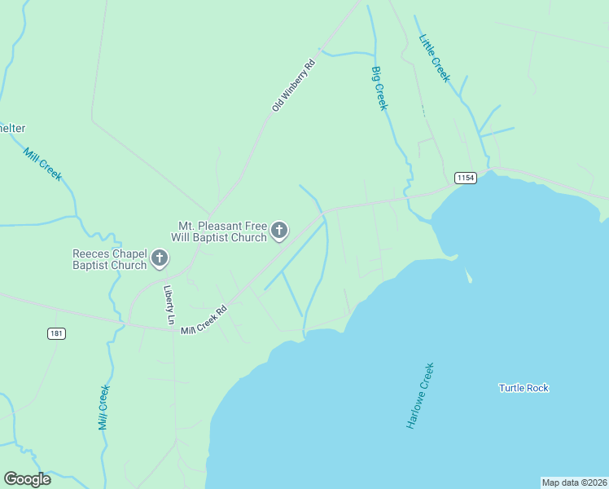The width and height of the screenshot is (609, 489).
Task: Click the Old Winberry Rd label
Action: click(x=293, y=85)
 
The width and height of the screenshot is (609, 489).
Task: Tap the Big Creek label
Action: click(x=380, y=88)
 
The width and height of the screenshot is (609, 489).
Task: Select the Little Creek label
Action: click(x=434, y=57)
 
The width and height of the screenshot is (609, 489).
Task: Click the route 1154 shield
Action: click(x=465, y=178)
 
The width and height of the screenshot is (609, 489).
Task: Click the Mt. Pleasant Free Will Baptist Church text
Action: click(x=218, y=231)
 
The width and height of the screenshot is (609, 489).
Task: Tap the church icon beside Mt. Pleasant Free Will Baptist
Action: click(x=279, y=231)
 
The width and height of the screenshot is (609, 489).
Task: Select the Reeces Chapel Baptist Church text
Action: click(x=109, y=259)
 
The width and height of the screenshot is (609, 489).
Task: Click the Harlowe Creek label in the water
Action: click(x=420, y=396)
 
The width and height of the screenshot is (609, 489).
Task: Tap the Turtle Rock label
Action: click(x=524, y=388)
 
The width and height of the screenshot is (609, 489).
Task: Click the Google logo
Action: click(x=27, y=479)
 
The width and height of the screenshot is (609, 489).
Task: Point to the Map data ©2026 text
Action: click(x=574, y=482)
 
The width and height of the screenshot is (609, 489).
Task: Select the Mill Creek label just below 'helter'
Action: click(x=42, y=164)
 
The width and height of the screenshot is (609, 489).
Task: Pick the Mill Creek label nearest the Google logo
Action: click(x=103, y=407)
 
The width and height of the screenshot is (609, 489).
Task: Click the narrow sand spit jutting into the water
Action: click(x=469, y=275)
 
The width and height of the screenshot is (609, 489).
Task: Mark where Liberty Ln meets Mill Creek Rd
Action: click(x=173, y=329)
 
